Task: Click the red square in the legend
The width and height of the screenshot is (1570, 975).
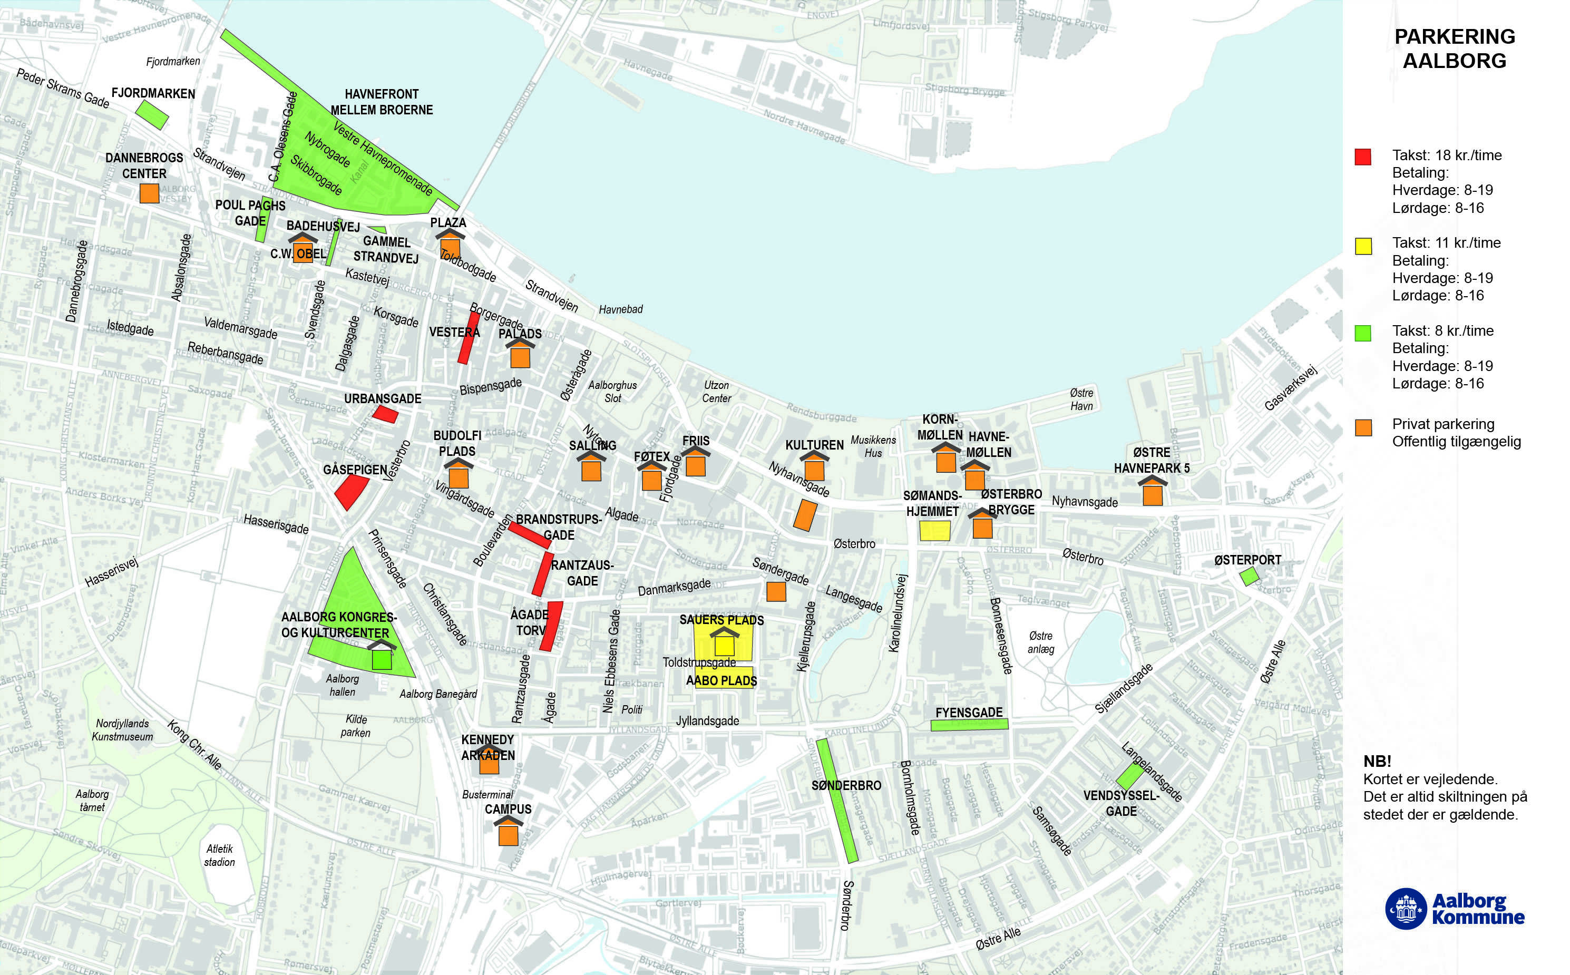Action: point(1362,157)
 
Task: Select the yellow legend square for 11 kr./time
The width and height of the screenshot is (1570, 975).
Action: point(1363,246)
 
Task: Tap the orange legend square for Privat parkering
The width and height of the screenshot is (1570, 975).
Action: point(1363,427)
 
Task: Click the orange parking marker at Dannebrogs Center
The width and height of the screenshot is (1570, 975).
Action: point(149,193)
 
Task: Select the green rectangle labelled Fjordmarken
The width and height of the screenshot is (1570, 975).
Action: point(152,114)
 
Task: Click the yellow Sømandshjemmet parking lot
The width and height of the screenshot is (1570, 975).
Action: point(934,530)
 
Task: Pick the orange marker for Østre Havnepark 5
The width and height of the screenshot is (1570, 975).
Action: point(1152,494)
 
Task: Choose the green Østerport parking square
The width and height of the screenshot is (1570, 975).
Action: point(1249,576)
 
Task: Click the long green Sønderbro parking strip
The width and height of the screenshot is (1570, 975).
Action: point(837,800)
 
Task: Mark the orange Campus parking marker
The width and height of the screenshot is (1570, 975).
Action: point(508,834)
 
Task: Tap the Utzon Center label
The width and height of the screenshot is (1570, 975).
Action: point(716,392)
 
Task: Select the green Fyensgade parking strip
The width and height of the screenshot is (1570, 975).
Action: point(969,724)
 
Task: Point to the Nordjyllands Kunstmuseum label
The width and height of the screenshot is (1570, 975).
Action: point(122,730)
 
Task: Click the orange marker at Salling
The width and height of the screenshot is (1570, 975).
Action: point(591,470)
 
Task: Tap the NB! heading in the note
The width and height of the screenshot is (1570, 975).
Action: point(1377,761)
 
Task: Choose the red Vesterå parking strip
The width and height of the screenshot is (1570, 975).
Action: point(469,337)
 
